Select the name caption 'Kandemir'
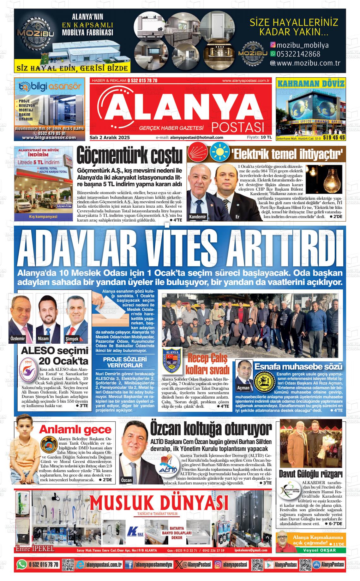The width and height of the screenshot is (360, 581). pos(197,217)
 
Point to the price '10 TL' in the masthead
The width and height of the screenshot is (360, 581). pos(266,137)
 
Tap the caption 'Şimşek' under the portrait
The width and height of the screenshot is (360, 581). pos(72,339)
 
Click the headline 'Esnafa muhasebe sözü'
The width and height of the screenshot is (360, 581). pos(298,367)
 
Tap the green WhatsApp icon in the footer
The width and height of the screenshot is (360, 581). pos(22,564)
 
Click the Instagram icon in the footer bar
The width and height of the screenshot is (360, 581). pos(218,565)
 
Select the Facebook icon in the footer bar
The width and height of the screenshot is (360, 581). pos(129,565)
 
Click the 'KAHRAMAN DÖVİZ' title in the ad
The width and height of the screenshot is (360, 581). pos(310,83)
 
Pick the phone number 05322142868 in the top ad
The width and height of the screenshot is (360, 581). pos(298,54)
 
